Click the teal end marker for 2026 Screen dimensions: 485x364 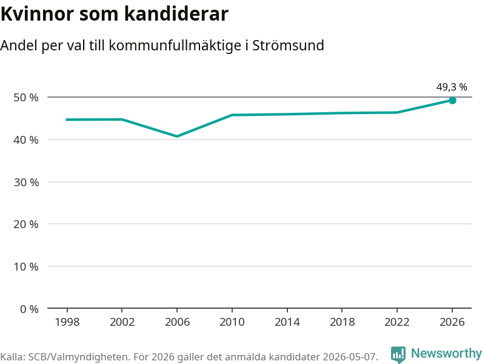(452, 100)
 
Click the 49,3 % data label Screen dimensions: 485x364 (452, 87)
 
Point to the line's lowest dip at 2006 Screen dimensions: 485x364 (177, 136)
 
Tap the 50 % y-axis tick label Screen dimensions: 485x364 (26, 98)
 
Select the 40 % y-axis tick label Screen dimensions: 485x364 (26, 140)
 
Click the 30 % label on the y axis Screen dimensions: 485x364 (26, 183)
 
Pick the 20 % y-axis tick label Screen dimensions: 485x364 (26, 224)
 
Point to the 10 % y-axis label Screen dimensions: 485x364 (26, 266)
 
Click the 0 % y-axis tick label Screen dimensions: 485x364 (29, 309)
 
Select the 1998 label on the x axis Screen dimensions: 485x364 (67, 322)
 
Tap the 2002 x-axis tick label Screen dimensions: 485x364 (122, 322)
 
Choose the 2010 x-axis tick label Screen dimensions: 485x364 (232, 322)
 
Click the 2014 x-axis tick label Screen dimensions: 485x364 (287, 322)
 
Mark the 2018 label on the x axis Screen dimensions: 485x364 (342, 322)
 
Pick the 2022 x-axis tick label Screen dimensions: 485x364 (397, 322)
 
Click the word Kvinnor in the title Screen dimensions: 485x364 (38, 14)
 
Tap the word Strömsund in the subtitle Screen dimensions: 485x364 (288, 45)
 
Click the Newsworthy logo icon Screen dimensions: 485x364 (398, 354)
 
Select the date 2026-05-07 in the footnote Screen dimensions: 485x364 (350, 357)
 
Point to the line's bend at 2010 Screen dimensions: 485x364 (232, 115)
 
